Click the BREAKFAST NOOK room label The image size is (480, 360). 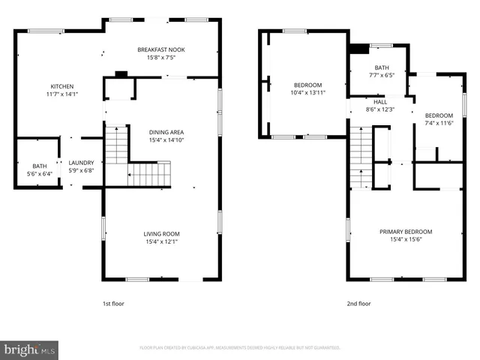pos(160,49)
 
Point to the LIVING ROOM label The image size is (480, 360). pos(160,233)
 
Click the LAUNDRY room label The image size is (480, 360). pos(81,162)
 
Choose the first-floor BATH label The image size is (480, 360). pos(38,166)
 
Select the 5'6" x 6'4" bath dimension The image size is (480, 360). pos(38,173)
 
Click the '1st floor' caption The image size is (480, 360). pos(114,304)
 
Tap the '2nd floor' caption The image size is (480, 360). pos(358,304)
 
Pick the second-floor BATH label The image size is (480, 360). pos(382,67)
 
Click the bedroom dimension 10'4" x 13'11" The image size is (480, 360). pos(307,92)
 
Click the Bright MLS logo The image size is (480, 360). pos(30,349)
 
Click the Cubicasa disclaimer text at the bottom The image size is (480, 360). pos(240,348)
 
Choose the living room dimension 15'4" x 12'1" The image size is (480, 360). pos(160,241)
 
